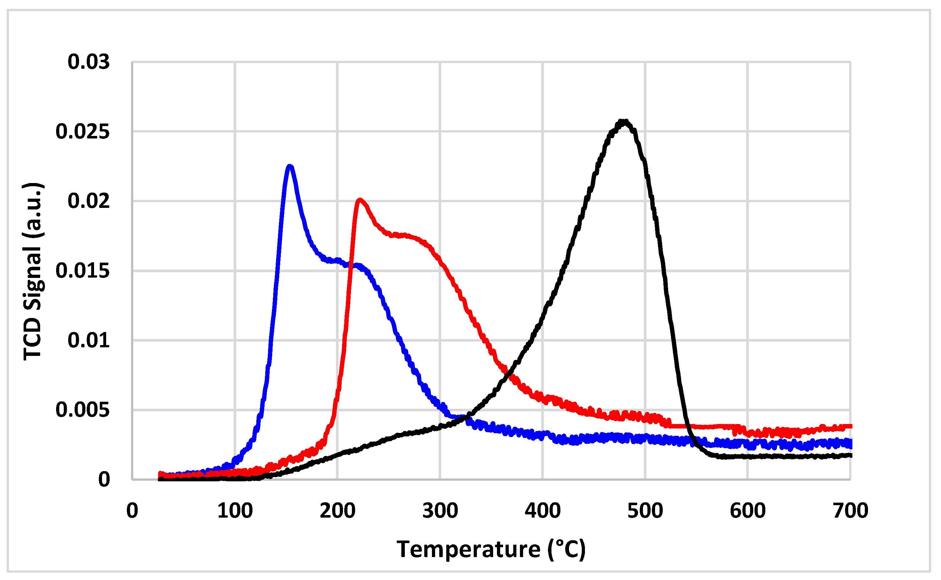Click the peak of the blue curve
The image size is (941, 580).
pyautogui.click(x=290, y=166)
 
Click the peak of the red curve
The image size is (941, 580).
pyautogui.click(x=360, y=200)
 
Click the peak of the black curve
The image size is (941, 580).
pyautogui.click(x=624, y=122)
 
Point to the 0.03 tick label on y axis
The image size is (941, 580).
pyautogui.click(x=88, y=62)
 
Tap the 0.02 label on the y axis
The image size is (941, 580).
pyautogui.click(x=88, y=201)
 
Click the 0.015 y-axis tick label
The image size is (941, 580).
pyautogui.click(x=83, y=271)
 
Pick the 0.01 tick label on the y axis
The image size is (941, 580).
pyautogui.click(x=88, y=340)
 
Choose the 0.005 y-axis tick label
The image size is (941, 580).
pyautogui.click(x=83, y=410)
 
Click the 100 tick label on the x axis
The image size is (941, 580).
pyautogui.click(x=235, y=511)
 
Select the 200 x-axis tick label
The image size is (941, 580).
pyautogui.click(x=337, y=511)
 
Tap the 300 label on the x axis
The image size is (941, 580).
pyautogui.click(x=440, y=511)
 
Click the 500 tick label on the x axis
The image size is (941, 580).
pyautogui.click(x=645, y=511)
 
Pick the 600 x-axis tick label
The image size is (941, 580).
pyautogui.click(x=748, y=511)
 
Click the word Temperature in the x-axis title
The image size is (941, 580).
pyautogui.click(x=468, y=549)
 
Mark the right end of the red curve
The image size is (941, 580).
pyautogui.click(x=851, y=427)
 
